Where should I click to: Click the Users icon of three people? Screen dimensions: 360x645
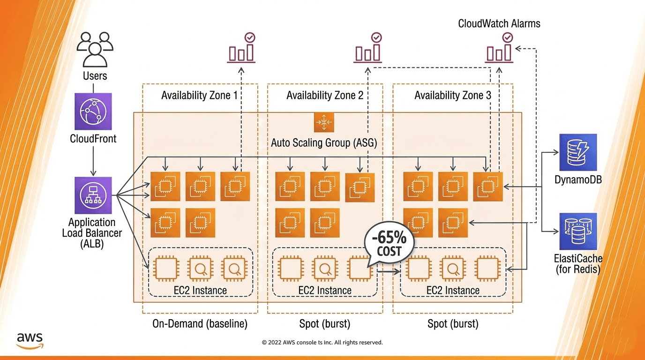95,49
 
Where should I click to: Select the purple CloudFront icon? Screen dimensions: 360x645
93,111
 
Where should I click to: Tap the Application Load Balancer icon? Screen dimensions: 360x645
93,195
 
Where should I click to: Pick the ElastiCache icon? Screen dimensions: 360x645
578,232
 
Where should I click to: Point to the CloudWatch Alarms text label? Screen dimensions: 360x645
499,23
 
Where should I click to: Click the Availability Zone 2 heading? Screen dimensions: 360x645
325,96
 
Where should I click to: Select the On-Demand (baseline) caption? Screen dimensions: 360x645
200,324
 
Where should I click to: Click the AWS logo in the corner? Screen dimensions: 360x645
30,340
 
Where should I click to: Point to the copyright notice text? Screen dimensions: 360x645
322,343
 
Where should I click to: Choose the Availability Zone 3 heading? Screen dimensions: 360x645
453,96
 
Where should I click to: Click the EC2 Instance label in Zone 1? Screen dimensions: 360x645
200,291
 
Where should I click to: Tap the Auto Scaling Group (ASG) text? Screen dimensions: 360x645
324,142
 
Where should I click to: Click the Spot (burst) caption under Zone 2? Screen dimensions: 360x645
325,324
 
